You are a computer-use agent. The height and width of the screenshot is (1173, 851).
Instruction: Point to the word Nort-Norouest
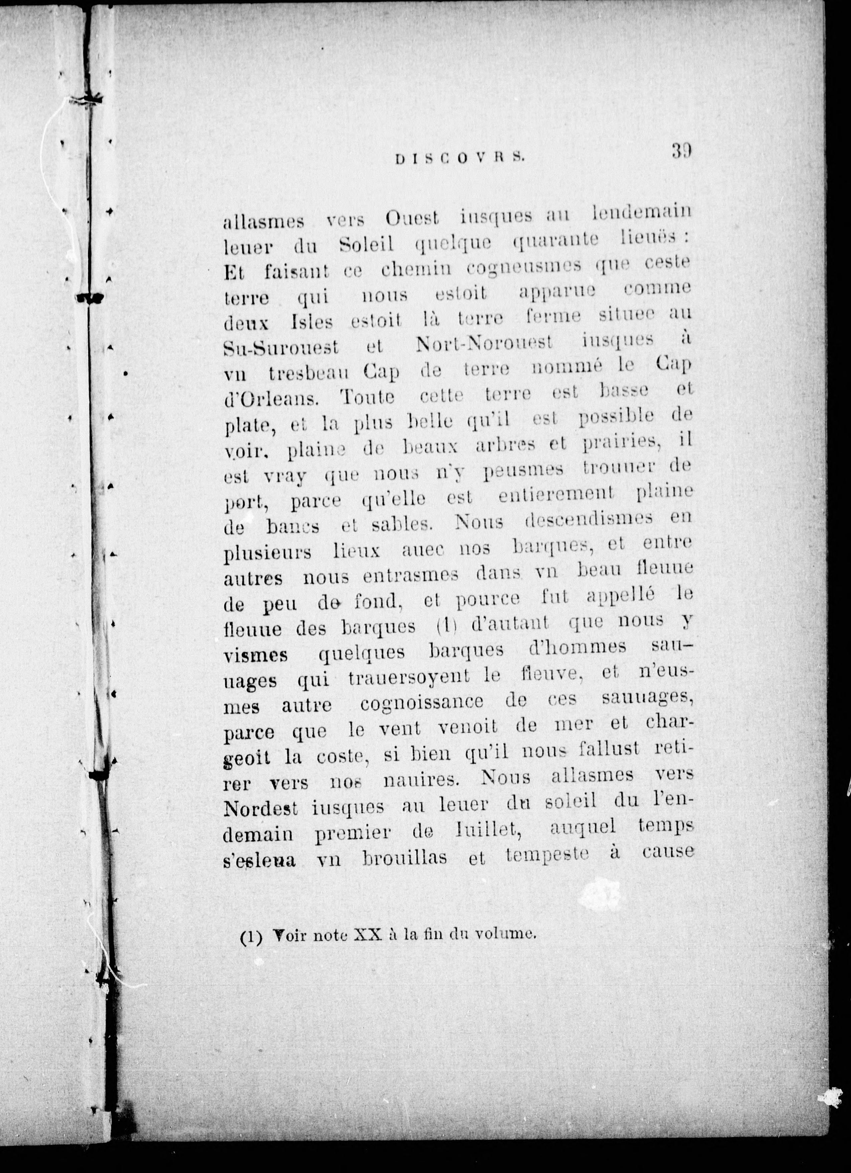click(484, 343)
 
